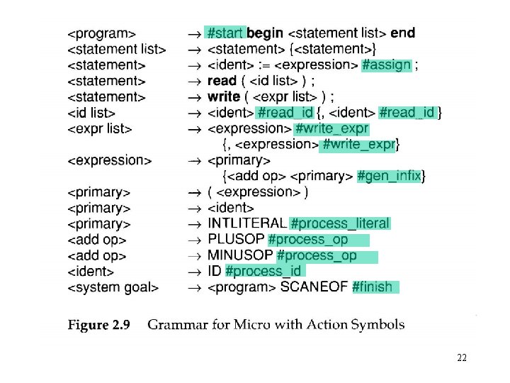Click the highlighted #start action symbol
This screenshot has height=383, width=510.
pyautogui.click(x=225, y=33)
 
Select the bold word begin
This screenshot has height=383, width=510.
pyautogui.click(x=265, y=33)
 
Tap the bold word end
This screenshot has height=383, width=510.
pyautogui.click(x=402, y=33)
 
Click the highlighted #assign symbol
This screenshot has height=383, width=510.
pyautogui.click(x=386, y=65)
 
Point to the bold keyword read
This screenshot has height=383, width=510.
pyautogui.click(x=222, y=81)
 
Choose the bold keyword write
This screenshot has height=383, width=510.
pyautogui.click(x=224, y=96)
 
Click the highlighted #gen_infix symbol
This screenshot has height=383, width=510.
pyautogui.click(x=390, y=176)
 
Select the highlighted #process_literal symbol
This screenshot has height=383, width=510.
pyautogui.click(x=340, y=223)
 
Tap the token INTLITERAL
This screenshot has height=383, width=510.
pyautogui.click(x=247, y=223)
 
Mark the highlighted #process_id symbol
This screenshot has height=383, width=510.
pyautogui.click(x=263, y=271)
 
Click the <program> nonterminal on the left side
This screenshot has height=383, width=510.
pyautogui.click(x=103, y=33)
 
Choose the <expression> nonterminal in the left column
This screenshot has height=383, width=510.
pyautogui.click(x=110, y=160)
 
